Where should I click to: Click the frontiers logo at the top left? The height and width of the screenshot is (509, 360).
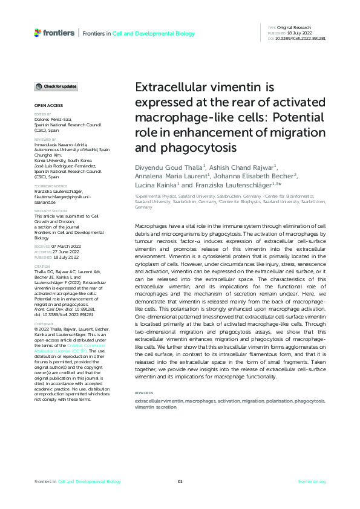click(55, 33)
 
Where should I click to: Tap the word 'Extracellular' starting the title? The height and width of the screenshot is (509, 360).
click(166, 86)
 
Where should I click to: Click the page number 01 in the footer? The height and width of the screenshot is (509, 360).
click(180, 481)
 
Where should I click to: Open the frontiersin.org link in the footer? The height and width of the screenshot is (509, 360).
click(312, 481)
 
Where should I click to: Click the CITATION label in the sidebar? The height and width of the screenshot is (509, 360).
click(42, 249)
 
